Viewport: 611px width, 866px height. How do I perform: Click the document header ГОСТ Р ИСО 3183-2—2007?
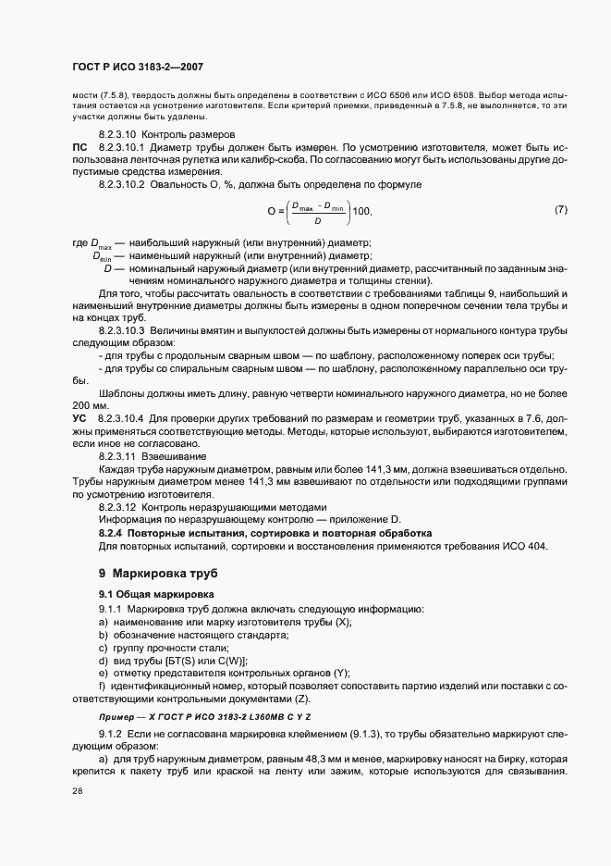point(136,67)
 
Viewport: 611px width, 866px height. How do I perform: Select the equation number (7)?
point(561,210)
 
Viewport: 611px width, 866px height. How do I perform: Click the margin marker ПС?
point(79,147)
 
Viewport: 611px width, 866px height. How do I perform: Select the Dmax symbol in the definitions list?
point(100,243)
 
